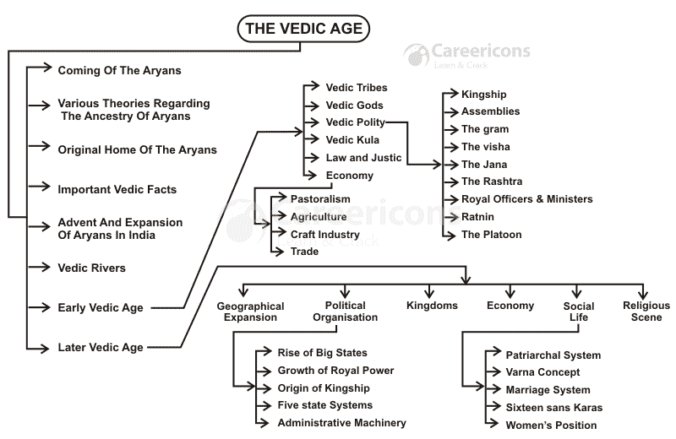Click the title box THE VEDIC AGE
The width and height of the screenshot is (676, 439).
point(303,29)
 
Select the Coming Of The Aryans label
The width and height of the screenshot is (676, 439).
point(119,70)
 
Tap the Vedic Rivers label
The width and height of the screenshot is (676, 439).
point(91,268)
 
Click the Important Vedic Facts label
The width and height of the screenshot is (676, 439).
point(117,189)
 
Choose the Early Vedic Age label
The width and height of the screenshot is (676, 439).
point(100,308)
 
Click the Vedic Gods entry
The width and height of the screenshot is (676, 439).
point(354,106)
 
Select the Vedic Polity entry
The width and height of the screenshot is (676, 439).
point(355,122)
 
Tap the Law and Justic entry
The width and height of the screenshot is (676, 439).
point(363,158)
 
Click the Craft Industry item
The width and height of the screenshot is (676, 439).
point(324,234)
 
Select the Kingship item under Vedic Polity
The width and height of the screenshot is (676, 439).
point(483,94)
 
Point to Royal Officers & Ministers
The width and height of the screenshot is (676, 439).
point(526,199)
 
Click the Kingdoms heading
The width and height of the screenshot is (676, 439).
point(432,306)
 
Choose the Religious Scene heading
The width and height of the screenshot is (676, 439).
point(646,312)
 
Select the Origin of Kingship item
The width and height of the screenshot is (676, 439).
point(324,387)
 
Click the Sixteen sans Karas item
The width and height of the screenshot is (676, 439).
point(553,408)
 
